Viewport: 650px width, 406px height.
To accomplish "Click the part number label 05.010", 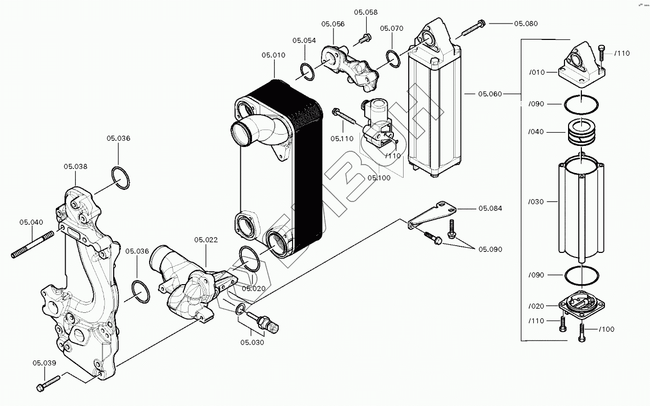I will point(273,55).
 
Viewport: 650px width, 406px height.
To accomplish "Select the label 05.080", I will point(526,24).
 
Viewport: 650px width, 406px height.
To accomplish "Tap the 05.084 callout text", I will point(490,208).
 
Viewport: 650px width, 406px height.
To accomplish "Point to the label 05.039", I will point(44,363).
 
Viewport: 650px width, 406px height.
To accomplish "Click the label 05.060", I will point(490,94).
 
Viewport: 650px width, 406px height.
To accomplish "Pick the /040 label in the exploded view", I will point(536,132).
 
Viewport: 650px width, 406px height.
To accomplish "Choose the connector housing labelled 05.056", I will point(350,65).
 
